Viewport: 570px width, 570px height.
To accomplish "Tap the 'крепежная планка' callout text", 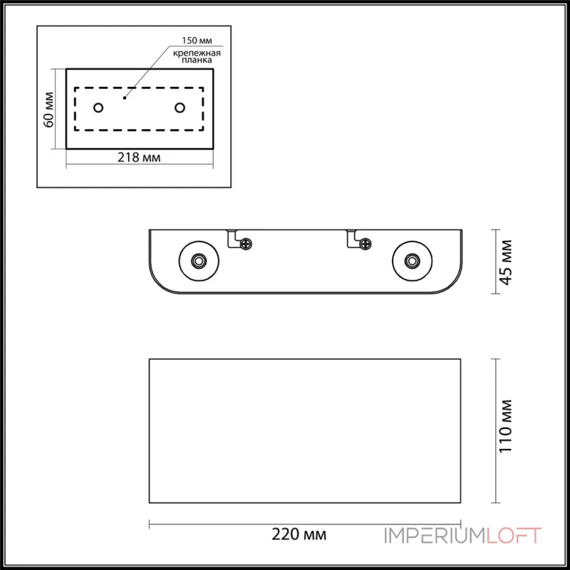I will pos(193,56).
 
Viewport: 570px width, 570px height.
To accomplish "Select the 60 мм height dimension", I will pos(49,109).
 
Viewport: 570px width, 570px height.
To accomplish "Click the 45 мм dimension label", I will pos(507,261).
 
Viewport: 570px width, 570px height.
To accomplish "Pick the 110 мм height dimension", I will pos(507,431).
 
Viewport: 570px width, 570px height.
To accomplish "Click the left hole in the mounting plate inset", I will pos(98,108).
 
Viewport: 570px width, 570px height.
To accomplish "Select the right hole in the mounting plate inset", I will pos(180,108).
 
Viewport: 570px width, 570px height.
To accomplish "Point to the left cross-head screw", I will pos(246,244).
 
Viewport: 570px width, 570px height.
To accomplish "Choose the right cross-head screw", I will pos(365,244).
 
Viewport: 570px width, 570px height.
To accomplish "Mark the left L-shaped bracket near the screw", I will pos(232,239).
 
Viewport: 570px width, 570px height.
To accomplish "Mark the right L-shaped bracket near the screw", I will pos(351,239).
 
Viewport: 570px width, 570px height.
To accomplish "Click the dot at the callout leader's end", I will pos(125,96).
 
